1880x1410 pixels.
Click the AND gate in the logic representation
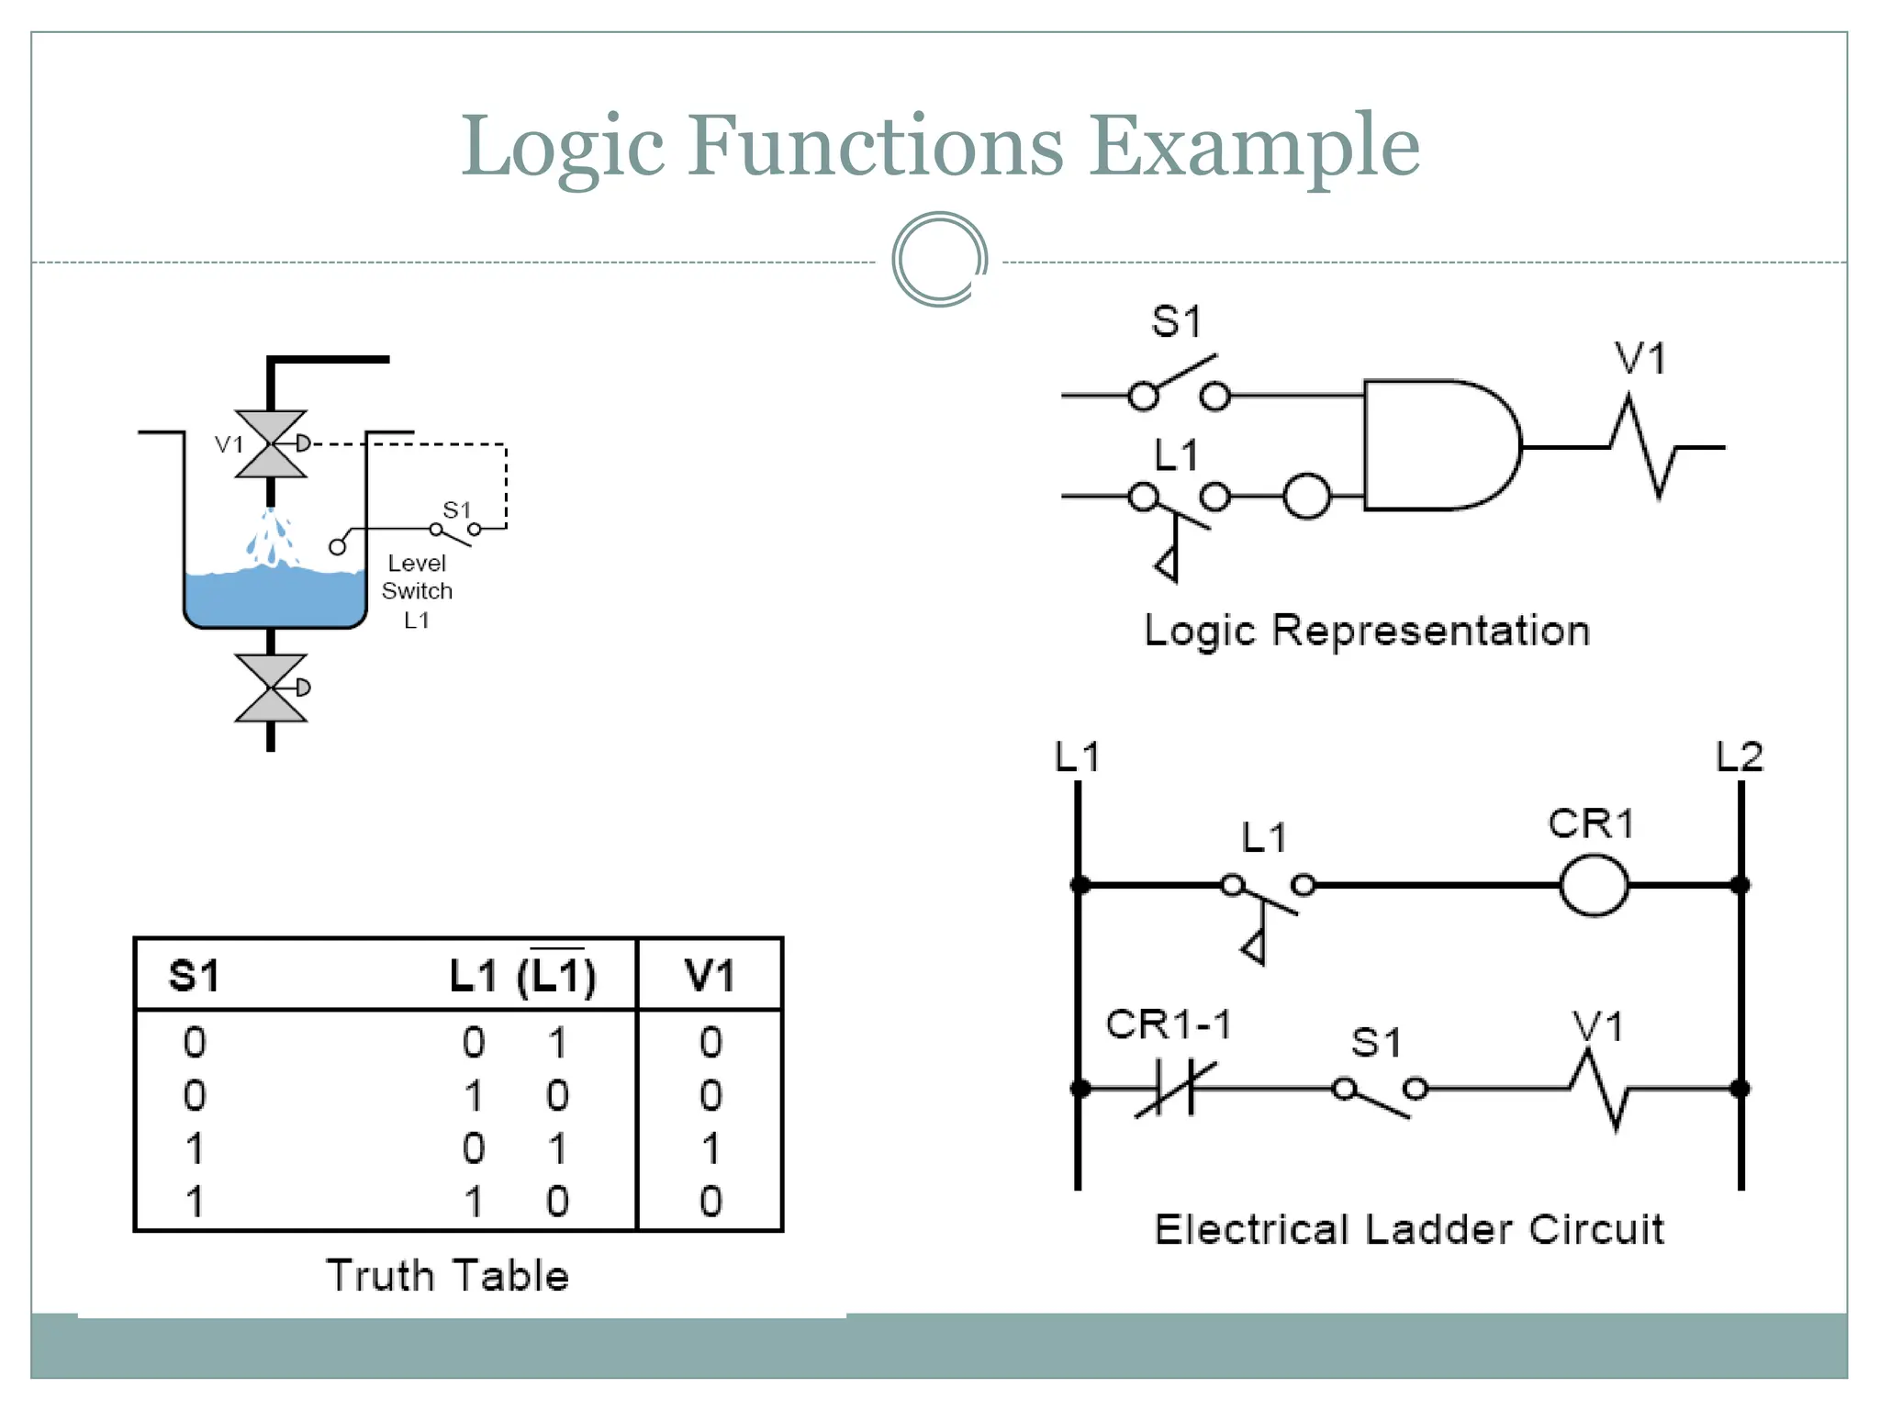click(1437, 445)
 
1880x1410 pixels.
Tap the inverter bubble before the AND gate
click(1307, 497)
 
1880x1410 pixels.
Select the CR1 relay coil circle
click(1595, 885)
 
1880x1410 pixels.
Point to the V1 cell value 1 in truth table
click(711, 1148)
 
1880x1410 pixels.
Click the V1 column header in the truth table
click(710, 976)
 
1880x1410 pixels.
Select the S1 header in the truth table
click(194, 976)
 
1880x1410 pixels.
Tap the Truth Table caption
click(447, 1276)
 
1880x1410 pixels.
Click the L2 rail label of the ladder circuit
click(1740, 757)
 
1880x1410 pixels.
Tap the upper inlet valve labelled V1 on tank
click(271, 444)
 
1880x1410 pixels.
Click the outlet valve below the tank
click(271, 688)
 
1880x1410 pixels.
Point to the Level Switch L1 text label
click(417, 590)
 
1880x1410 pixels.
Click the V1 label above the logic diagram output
click(1639, 359)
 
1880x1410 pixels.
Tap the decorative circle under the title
click(939, 260)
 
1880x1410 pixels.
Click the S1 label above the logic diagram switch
click(1176, 322)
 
